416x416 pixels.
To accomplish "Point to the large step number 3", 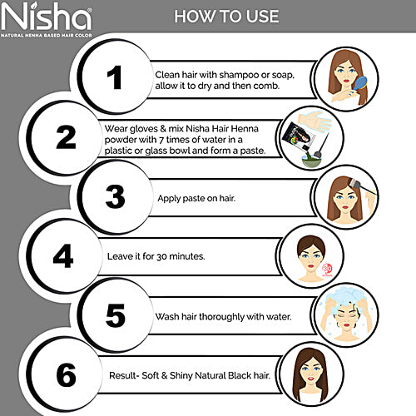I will [x=114, y=197].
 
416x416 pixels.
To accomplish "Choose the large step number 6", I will [x=66, y=375].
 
